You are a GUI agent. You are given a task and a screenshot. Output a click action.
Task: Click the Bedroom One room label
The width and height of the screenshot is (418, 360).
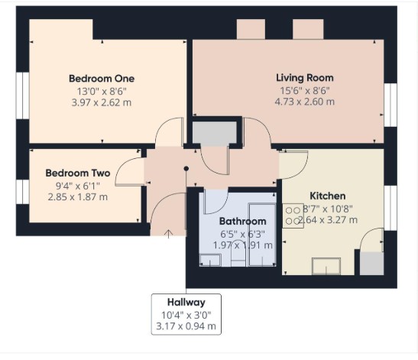pyautogui.click(x=102, y=79)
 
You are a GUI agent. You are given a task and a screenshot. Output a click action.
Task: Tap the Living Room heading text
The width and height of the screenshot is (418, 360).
pyautogui.click(x=305, y=78)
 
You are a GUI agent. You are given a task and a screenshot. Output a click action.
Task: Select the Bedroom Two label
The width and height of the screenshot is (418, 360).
pyautogui.click(x=78, y=173)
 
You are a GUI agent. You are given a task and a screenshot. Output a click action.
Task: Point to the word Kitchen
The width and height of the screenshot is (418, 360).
pyautogui.click(x=328, y=196)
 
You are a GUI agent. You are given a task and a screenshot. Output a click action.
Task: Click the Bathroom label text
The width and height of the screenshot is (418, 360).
pyautogui.click(x=242, y=222)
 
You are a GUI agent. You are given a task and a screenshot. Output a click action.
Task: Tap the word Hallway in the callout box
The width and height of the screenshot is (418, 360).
pyautogui.click(x=186, y=303)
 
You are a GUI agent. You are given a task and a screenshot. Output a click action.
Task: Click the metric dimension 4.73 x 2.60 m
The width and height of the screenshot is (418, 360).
pyautogui.click(x=305, y=102)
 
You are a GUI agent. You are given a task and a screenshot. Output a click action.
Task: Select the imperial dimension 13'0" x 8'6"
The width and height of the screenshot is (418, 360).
pyautogui.click(x=102, y=92)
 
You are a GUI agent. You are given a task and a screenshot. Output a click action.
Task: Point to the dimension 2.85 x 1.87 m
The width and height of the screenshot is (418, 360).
pyautogui.click(x=78, y=197)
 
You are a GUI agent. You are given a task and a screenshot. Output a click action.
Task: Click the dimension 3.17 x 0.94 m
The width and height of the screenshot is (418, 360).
pyautogui.click(x=186, y=326)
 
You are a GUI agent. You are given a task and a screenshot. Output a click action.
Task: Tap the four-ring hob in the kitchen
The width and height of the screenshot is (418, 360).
pyautogui.click(x=293, y=216)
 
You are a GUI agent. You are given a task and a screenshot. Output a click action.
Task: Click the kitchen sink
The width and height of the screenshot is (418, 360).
pyautogui.click(x=326, y=266)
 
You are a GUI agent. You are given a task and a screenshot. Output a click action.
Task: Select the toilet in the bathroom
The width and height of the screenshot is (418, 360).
pyautogui.click(x=238, y=253)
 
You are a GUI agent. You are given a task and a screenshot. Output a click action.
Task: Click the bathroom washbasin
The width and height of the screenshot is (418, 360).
pyautogui.click(x=210, y=261)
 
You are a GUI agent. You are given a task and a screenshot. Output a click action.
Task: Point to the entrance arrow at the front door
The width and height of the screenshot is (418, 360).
pyautogui.click(x=168, y=234)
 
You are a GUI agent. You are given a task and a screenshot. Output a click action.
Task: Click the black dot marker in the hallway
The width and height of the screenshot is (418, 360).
pyautogui.click(x=186, y=168)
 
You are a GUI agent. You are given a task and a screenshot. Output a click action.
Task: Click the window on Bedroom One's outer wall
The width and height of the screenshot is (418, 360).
pyautogui.click(x=22, y=96)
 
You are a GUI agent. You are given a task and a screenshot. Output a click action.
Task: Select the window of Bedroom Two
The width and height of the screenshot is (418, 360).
pyautogui.click(x=22, y=192)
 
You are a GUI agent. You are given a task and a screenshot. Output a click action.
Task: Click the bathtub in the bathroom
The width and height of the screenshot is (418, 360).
pyautogui.click(x=262, y=235)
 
